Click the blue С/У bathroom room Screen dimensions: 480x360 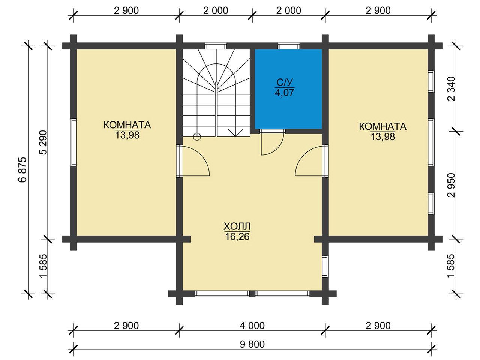288,89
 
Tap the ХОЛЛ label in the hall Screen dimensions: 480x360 237,226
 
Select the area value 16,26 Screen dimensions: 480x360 237,237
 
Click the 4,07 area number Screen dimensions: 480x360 285,93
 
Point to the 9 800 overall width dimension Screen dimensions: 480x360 252,345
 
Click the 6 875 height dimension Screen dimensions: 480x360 22,169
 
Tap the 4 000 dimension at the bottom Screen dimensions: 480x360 252,325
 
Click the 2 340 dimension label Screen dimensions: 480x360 451,88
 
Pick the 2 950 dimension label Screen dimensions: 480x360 451,185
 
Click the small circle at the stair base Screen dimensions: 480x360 197,137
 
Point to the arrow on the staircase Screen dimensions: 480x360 235,133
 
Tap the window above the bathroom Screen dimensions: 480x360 289,46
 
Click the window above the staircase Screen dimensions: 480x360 216,46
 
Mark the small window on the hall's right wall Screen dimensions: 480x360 325,266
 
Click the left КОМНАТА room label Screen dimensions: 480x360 127,125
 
